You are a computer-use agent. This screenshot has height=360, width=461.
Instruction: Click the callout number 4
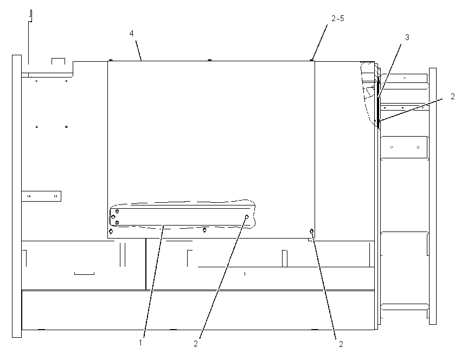tap(131, 34)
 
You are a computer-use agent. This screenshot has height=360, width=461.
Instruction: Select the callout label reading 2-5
tap(337, 18)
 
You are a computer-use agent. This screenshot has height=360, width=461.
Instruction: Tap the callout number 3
tap(407, 37)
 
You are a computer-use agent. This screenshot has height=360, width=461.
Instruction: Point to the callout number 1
tap(140, 342)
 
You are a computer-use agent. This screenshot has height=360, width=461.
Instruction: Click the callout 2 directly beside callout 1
tap(196, 344)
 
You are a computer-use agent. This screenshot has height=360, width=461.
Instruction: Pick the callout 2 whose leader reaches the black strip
tap(453, 96)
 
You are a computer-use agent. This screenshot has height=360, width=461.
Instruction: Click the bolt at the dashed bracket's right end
tap(247, 217)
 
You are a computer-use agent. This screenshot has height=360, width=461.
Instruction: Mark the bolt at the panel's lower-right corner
tap(312, 232)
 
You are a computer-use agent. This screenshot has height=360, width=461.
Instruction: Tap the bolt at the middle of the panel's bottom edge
tap(204, 230)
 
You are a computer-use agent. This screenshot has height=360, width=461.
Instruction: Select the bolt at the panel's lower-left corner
tap(111, 232)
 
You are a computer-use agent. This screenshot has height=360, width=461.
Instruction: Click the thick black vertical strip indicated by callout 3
tap(379, 100)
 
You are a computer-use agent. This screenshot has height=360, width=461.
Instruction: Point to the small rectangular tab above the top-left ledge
tap(58, 61)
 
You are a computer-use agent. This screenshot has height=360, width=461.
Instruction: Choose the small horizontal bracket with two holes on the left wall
tap(41, 196)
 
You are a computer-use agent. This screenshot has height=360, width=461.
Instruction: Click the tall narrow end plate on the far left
tap(17, 196)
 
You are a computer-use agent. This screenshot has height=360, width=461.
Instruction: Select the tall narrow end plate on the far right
tap(433, 196)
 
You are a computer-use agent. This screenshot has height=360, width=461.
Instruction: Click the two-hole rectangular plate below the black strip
tap(404, 147)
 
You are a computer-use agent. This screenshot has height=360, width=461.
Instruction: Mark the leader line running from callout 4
tap(138, 50)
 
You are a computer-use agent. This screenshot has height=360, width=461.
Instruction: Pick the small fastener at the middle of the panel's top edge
tap(210, 60)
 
